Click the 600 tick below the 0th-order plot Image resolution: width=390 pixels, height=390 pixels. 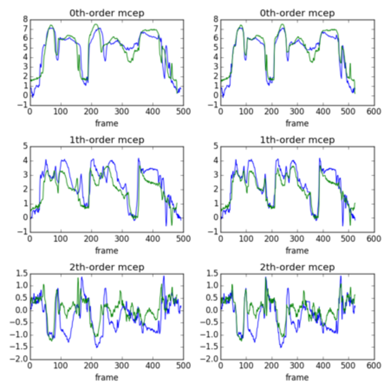click(373, 112)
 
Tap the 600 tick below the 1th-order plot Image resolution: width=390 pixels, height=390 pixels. click(373, 239)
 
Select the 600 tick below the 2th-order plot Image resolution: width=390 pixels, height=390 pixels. click(373, 366)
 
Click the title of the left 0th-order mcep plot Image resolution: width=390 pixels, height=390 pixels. click(107, 13)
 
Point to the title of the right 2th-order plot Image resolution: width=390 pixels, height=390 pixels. click(297, 267)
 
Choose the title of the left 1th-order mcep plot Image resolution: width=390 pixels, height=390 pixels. click(107, 140)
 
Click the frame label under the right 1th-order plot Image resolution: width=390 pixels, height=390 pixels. click(297, 250)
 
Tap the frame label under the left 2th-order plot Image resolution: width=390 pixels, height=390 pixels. click(106, 377)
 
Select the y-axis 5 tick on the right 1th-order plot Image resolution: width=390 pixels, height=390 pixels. click(216, 147)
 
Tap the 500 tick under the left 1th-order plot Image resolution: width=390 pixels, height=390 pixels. click(183, 239)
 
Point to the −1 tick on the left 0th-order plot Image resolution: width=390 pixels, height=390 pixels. click(23, 105)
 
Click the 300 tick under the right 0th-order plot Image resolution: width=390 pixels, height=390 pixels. click(297, 112)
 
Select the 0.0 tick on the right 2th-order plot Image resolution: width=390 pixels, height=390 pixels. click(211, 310)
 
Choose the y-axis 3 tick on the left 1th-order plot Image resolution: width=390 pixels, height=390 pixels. click(25, 175)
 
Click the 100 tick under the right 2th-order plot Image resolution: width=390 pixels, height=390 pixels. click(246, 366)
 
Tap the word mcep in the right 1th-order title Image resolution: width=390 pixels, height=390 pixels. click(321, 140)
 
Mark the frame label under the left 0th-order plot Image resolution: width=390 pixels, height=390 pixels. click(106, 123)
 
